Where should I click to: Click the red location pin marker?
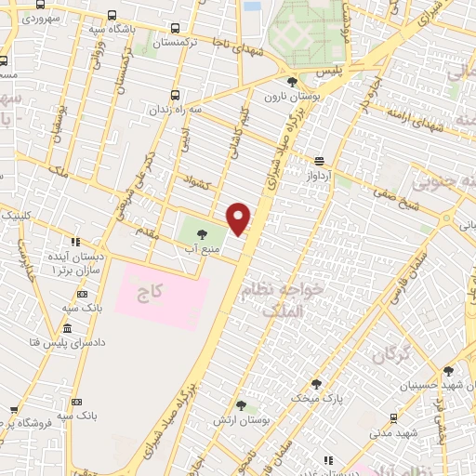[240, 218]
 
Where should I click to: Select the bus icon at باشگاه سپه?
[112, 16]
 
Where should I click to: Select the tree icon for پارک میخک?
[315, 383]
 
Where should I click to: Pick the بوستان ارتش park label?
[266, 421]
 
